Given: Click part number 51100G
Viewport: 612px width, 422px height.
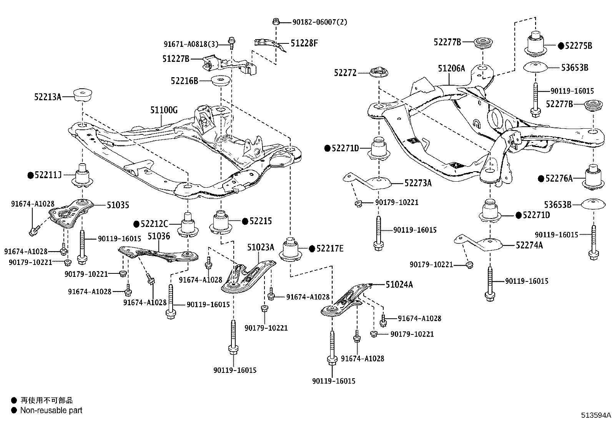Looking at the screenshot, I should click(164, 111).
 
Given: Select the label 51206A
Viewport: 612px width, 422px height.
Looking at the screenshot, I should click(451, 68).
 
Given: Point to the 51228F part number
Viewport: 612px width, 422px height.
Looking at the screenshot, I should click(304, 43).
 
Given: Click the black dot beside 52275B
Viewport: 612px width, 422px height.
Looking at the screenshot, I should click(561, 46).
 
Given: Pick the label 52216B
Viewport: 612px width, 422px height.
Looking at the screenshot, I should click(185, 81).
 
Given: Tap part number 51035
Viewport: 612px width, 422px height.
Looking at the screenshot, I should click(118, 205).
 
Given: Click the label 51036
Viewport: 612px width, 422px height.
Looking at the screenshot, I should click(159, 236).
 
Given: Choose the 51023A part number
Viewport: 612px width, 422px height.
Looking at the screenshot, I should click(261, 247).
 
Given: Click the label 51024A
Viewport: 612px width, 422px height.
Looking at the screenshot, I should click(399, 285).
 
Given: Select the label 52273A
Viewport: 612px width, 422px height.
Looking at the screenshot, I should click(418, 183).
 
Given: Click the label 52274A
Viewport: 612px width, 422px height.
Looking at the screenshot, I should click(529, 245).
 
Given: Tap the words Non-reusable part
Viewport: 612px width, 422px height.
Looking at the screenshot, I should click(51, 410).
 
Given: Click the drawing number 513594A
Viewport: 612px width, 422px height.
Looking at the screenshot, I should click(595, 415).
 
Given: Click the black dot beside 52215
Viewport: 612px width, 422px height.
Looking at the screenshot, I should click(245, 221).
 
